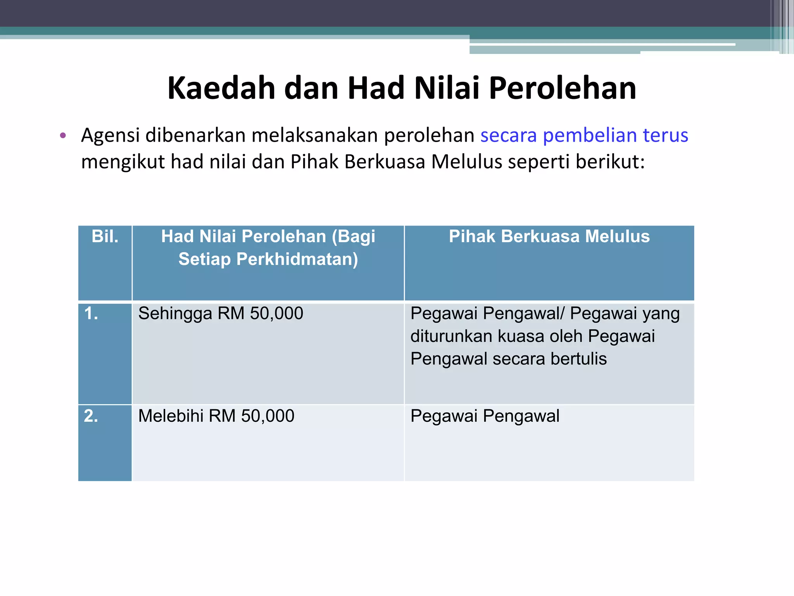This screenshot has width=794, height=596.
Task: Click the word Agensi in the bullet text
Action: pos(110,136)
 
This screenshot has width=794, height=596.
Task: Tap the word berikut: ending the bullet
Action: pos(610,161)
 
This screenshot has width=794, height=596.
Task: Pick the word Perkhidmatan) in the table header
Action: pos(297,259)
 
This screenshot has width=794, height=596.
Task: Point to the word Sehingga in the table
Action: pos(175,314)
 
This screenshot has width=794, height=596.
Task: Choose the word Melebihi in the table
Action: pos(171,416)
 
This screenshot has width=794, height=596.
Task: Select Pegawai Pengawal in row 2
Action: pos(485,416)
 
